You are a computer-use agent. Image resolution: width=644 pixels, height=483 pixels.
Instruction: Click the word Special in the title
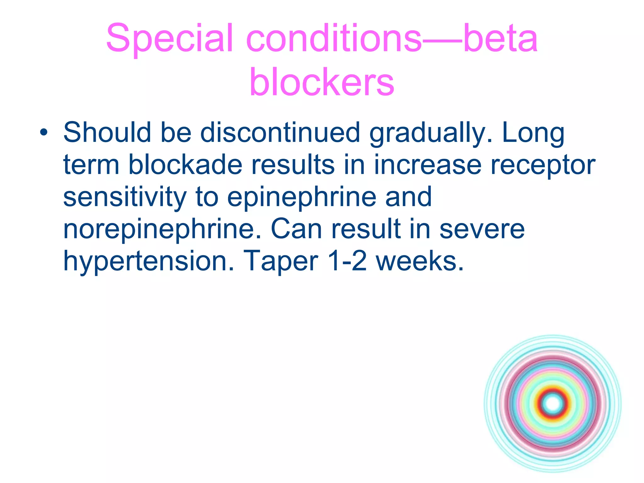170,38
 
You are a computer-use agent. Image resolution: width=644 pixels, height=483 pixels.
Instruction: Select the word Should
107,132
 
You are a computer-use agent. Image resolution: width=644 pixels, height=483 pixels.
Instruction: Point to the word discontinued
280,132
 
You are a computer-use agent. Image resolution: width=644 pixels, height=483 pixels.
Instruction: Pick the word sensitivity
125,197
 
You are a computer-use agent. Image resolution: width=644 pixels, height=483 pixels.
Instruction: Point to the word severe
482,229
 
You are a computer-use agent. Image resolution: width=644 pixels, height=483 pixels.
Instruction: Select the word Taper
280,262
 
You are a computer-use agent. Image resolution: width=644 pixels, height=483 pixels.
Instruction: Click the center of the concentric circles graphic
552,404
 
